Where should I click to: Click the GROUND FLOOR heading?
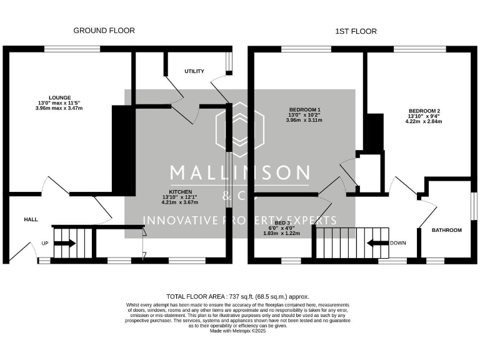pyautogui.click(x=104, y=31)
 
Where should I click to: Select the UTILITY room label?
pyautogui.click(x=194, y=71)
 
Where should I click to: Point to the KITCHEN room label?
pyautogui.click(x=179, y=191)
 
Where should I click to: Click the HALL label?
pyautogui.click(x=31, y=220)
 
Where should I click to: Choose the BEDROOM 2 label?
pyautogui.click(x=424, y=110)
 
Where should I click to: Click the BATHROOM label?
pyautogui.click(x=447, y=230)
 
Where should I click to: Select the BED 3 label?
pyautogui.click(x=282, y=222)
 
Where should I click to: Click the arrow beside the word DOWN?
pyautogui.click(x=377, y=243)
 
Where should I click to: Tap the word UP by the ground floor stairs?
pyautogui.click(x=45, y=243)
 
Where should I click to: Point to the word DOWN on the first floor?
pyautogui.click(x=397, y=243)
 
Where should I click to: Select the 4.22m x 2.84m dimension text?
pyautogui.click(x=424, y=121)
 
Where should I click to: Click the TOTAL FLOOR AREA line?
pyautogui.click(x=237, y=297)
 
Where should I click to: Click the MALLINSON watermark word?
pyautogui.click(x=240, y=173)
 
